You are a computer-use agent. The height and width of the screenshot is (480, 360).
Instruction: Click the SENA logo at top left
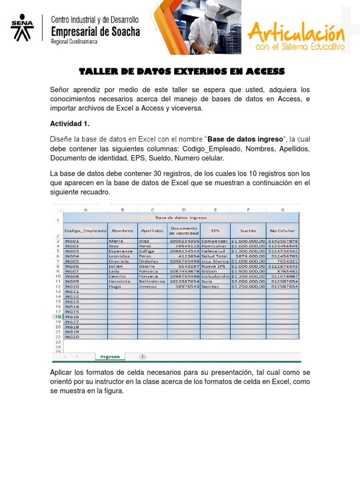pyautogui.click(x=22, y=28)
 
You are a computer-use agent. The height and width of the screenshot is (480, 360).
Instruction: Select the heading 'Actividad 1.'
pyautogui.click(x=69, y=124)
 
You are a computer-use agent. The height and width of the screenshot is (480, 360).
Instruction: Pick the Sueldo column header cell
pyautogui.click(x=248, y=231)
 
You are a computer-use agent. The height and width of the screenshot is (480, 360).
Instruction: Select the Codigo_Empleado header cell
pyautogui.click(x=85, y=231)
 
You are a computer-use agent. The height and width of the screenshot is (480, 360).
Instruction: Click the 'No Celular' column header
pyautogui.click(x=282, y=231)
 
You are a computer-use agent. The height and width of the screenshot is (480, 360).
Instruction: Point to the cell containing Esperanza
pyautogui.click(x=122, y=251)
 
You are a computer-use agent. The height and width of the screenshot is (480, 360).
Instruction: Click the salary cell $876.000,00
pyautogui.click(x=248, y=256)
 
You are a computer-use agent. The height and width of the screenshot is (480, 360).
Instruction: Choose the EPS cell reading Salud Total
pyautogui.click(x=215, y=256)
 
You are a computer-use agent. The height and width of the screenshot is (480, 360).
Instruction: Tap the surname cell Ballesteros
pyautogui.click(x=152, y=281)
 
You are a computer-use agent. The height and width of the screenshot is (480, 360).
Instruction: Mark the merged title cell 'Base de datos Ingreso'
pyautogui.click(x=180, y=217)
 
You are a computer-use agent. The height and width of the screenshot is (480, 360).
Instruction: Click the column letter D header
pyautogui.click(x=184, y=210)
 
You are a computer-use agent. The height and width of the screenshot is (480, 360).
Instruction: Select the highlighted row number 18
pyautogui.click(x=57, y=317)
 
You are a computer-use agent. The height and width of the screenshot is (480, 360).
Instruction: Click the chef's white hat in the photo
pyautogui.click(x=212, y=8)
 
